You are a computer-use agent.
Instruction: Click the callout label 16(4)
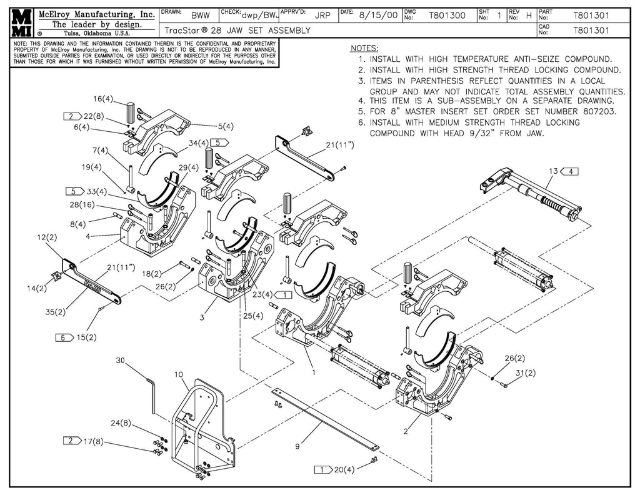point(103,99)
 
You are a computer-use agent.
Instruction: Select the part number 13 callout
point(552,171)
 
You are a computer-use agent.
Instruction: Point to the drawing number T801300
point(447,16)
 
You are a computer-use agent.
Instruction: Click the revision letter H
point(529,16)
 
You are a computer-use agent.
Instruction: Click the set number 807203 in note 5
point(597,112)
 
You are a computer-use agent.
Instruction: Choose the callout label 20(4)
point(343,469)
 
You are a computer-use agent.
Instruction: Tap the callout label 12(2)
point(47,237)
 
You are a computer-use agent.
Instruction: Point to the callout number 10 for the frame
point(178,374)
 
